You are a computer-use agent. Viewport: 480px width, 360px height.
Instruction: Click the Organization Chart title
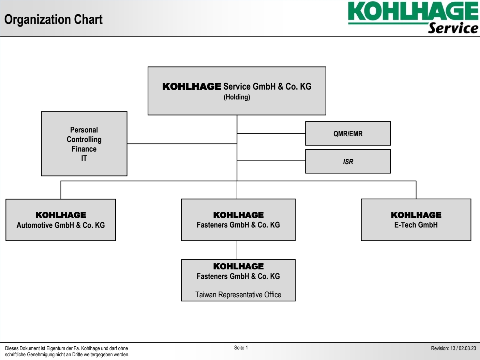point(54,20)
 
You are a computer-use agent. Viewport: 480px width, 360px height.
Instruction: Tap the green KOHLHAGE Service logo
point(413,17)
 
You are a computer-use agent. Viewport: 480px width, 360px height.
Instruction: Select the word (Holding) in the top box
point(237,97)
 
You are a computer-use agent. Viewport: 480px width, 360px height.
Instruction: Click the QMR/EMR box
point(348,134)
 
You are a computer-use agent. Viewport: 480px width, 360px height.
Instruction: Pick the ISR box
point(348,161)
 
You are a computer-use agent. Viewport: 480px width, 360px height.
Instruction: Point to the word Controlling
point(84,139)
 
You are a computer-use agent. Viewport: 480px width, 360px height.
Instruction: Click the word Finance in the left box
point(84,149)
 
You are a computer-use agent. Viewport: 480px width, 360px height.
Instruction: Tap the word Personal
point(84,130)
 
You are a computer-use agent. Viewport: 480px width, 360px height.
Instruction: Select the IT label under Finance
point(84,158)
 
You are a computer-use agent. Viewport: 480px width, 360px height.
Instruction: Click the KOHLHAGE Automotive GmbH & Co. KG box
point(61,220)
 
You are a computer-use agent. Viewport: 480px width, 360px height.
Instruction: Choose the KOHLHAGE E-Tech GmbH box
point(416,220)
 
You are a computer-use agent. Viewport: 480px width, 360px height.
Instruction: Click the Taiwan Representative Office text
point(238,295)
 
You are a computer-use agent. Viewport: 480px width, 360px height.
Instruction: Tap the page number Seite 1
point(241,347)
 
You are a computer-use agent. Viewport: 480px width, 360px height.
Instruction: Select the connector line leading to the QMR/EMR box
point(271,133)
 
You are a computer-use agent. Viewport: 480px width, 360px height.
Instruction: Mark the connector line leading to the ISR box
point(271,160)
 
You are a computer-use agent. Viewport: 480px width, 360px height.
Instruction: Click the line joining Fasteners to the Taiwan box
point(237,250)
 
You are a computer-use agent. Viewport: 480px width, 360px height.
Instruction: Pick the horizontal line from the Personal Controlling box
point(182,144)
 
